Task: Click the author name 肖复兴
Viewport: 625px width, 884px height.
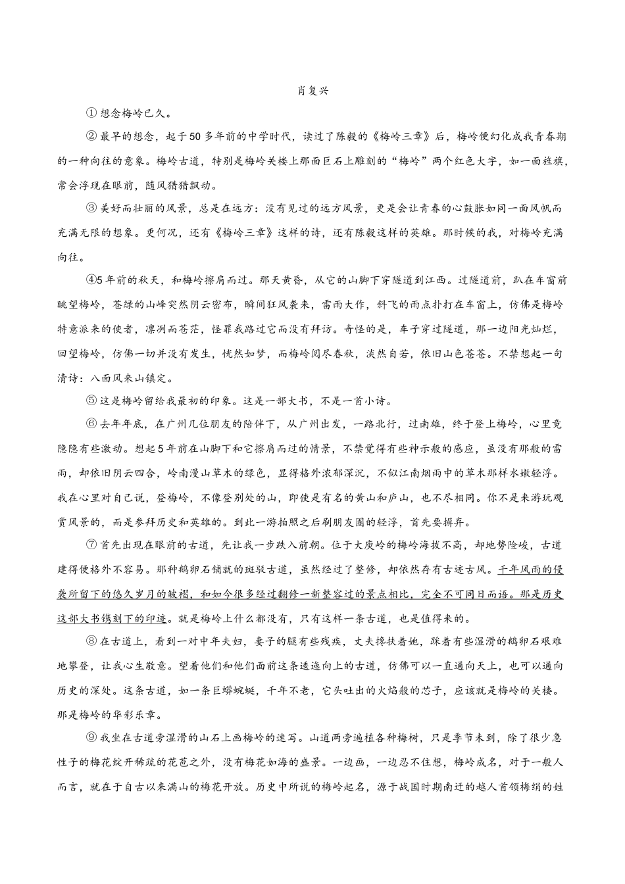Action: [x=312, y=91]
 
